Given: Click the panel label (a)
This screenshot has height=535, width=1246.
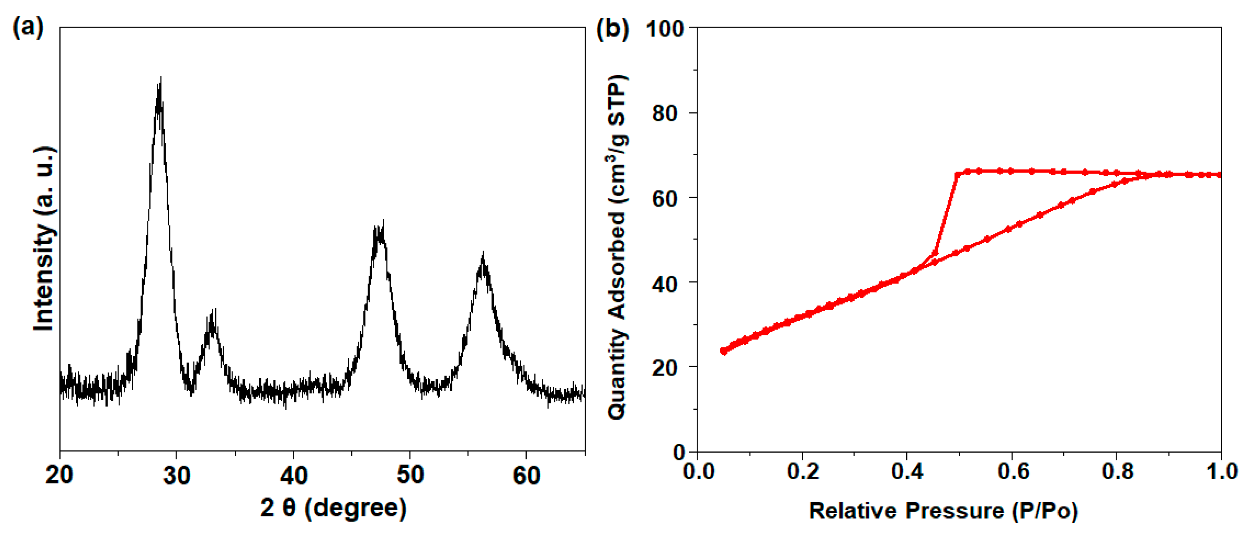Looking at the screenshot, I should tap(28, 27).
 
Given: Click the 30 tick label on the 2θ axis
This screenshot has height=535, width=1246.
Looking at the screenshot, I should tap(177, 476).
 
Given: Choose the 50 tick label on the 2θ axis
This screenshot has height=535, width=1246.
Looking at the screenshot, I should tap(410, 476).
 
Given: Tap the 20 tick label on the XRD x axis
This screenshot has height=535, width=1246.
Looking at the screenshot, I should tap(59, 476).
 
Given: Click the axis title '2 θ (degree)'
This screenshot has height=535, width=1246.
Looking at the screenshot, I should tap(333, 509).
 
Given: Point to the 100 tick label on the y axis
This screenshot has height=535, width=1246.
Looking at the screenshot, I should tap(665, 29).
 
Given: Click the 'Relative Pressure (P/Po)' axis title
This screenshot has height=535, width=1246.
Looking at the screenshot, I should tap(943, 511).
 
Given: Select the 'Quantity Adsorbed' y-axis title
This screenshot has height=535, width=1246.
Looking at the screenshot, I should tap(618, 247).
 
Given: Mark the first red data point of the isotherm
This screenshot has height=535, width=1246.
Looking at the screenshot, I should tap(724, 351).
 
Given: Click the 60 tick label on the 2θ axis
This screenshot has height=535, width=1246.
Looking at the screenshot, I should tap(526, 476).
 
